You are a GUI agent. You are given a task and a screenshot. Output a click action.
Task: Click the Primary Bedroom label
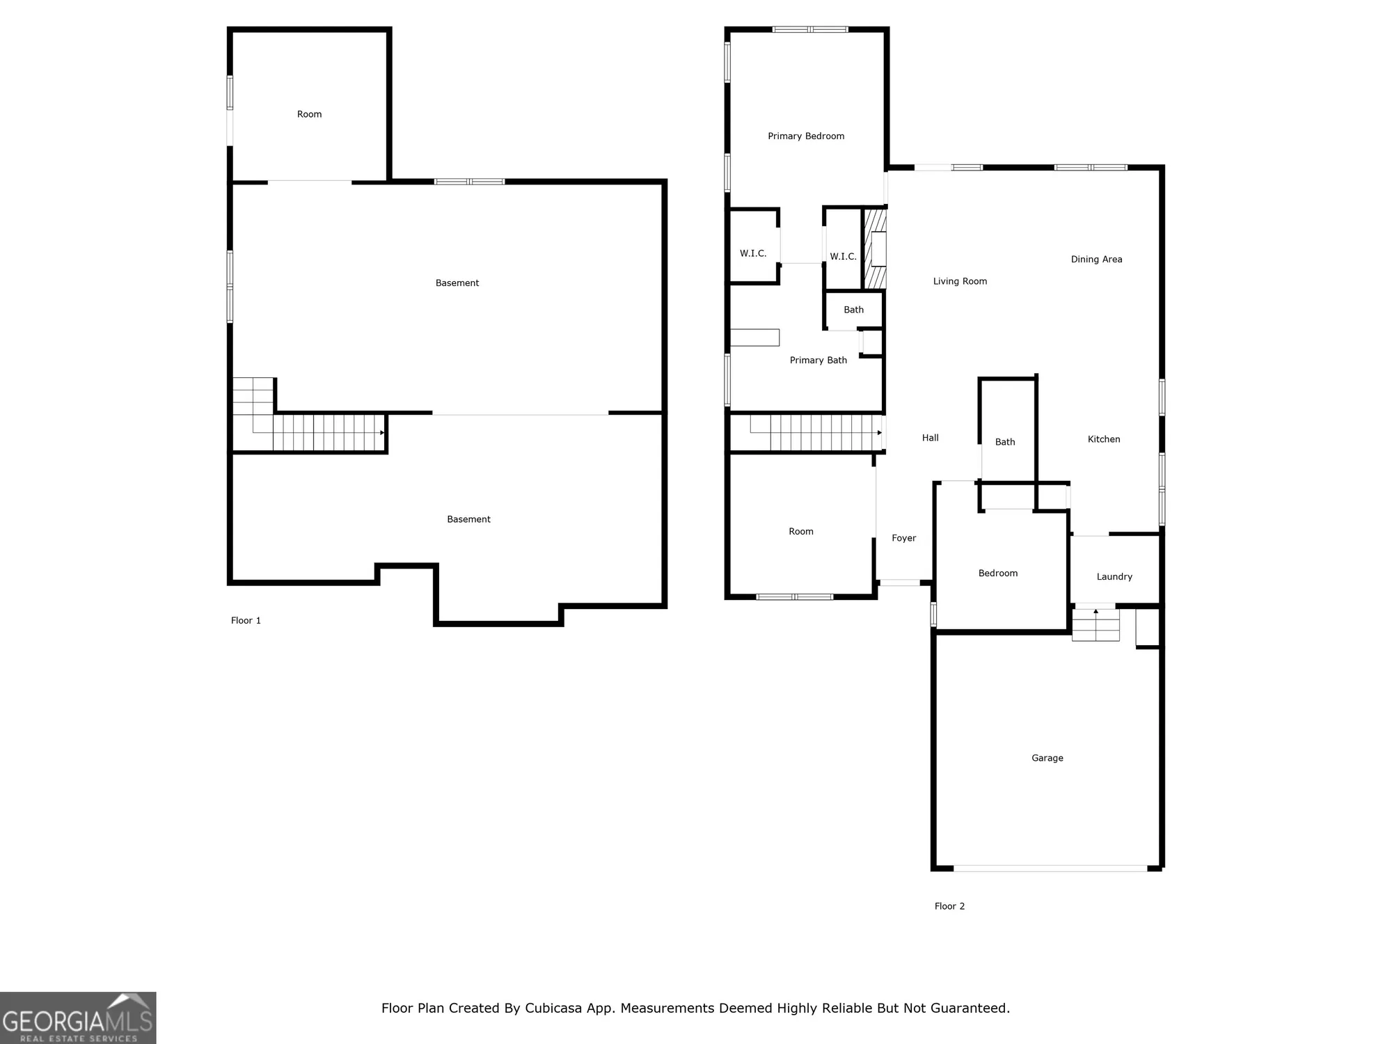806,136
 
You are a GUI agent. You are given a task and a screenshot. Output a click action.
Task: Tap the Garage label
1047,758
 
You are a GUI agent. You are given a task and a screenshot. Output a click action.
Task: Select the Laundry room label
1114,576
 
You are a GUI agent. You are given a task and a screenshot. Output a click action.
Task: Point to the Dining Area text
1096,260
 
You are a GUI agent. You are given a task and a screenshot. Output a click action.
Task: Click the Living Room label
960,281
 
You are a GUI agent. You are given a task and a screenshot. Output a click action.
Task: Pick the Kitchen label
1104,439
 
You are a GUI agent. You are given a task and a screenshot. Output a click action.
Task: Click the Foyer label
903,538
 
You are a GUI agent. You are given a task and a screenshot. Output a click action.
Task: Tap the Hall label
930,438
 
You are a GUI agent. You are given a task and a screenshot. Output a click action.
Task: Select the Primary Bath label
818,361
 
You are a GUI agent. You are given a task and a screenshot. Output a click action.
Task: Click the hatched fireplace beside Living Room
875,249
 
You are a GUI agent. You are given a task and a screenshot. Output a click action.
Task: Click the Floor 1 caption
246,621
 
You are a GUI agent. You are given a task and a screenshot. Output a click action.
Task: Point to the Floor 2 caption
949,906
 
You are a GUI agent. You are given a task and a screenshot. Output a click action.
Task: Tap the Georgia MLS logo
78,1018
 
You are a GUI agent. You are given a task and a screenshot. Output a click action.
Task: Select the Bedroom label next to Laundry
997,574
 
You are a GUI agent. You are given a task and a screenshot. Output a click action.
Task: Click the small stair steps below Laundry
1095,625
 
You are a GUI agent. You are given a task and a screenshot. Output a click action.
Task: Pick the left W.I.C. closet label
752,253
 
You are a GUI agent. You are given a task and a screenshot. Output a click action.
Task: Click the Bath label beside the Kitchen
1004,442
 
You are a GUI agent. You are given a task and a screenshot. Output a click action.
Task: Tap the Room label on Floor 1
309,114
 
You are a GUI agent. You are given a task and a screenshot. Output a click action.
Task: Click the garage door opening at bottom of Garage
1050,868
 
